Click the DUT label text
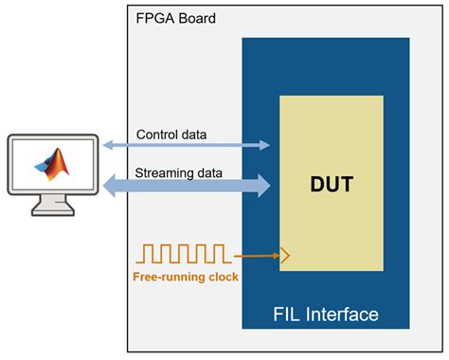coord(332,184)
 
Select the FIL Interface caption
coord(325,314)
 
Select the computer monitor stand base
coord(53,210)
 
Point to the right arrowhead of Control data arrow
coord(266,146)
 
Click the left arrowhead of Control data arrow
coord(107,146)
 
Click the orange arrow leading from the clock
coord(253,254)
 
